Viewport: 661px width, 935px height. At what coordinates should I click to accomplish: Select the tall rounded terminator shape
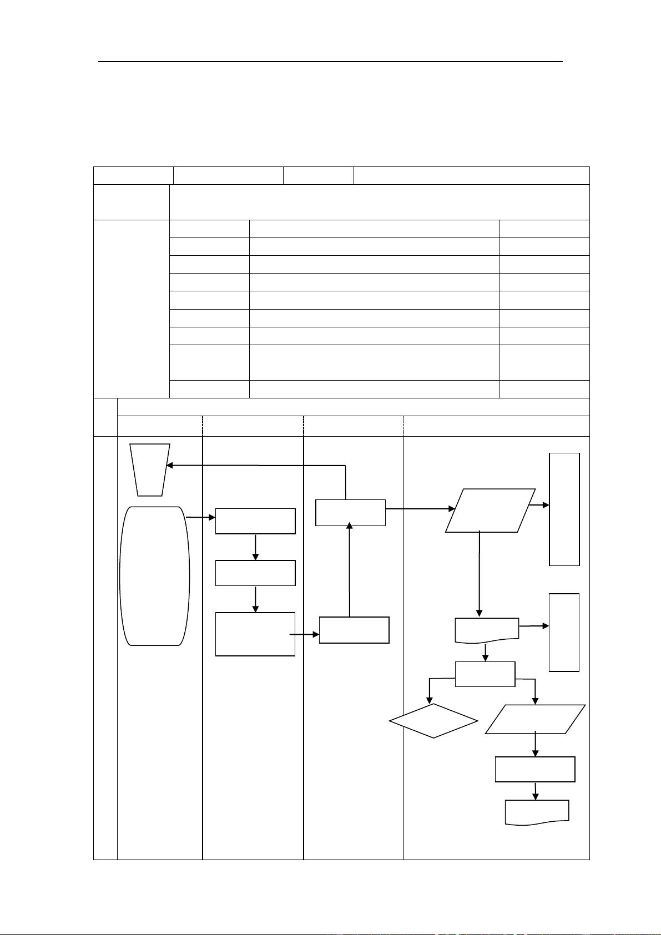(x=155, y=575)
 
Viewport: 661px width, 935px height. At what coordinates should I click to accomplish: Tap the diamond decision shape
(x=433, y=721)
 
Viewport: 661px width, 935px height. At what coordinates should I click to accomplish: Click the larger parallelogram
(x=491, y=511)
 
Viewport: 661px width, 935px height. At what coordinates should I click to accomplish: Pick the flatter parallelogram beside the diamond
(x=535, y=719)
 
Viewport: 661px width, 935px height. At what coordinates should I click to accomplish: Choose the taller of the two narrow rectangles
(x=564, y=509)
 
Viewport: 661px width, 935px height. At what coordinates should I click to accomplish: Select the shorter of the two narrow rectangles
(x=564, y=633)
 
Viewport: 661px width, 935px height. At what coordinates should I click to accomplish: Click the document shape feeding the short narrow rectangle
(x=487, y=630)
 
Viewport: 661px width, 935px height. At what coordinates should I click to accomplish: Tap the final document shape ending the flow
(x=537, y=812)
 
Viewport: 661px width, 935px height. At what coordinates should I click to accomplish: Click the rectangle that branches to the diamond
(x=485, y=674)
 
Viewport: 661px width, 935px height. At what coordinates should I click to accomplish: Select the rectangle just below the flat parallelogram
(x=535, y=769)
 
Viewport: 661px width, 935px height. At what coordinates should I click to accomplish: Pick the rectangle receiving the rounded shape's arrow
(x=255, y=521)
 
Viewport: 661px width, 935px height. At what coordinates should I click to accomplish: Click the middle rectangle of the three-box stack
(x=255, y=573)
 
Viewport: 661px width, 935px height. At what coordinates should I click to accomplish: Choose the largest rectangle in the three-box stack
(x=255, y=634)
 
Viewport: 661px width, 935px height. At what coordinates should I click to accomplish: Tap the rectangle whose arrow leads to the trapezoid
(x=350, y=512)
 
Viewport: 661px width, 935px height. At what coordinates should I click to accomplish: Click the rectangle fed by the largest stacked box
(x=354, y=630)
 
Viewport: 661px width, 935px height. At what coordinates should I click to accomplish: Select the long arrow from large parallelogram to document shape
(x=478, y=572)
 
